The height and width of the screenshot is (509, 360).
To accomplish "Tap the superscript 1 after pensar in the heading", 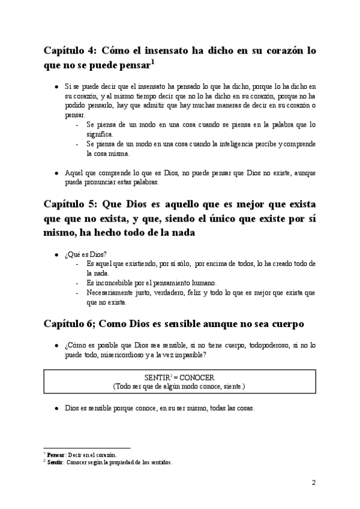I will click(x=153, y=61).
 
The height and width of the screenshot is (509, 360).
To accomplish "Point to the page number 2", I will click(x=314, y=482).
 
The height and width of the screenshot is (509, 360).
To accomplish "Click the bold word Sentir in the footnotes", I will click(x=56, y=462).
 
